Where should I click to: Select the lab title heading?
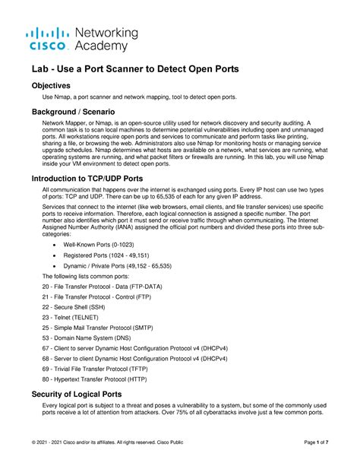click(x=135, y=68)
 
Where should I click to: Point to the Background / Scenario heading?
click(x=78, y=112)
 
